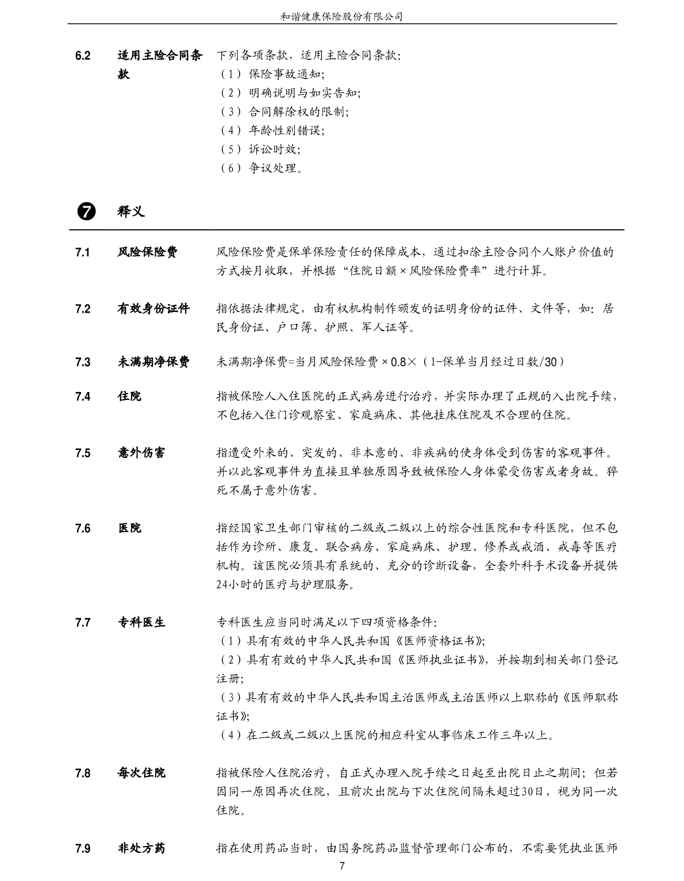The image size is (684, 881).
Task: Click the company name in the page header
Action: coord(341,17)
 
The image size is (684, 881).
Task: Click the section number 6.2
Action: coord(83,56)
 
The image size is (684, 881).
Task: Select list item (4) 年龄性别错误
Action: coord(272,130)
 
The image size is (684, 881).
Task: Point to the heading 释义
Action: coord(131,211)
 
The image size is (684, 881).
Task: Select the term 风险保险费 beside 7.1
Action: coord(148,252)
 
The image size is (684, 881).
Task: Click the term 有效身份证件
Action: coord(153,309)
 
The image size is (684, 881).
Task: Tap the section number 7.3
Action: coord(83,362)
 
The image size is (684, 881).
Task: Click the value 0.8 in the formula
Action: coord(398,362)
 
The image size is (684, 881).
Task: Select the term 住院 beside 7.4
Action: coord(129,396)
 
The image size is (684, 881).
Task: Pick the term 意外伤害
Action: coord(141,453)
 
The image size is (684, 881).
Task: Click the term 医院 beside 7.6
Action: coord(129,528)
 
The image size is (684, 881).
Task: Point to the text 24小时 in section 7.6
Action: coord(233,585)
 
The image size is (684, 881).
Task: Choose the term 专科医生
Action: coord(141,622)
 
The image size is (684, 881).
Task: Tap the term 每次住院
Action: coord(141,773)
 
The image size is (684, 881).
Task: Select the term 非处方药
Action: coord(141,848)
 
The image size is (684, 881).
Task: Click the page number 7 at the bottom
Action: coord(342,866)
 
